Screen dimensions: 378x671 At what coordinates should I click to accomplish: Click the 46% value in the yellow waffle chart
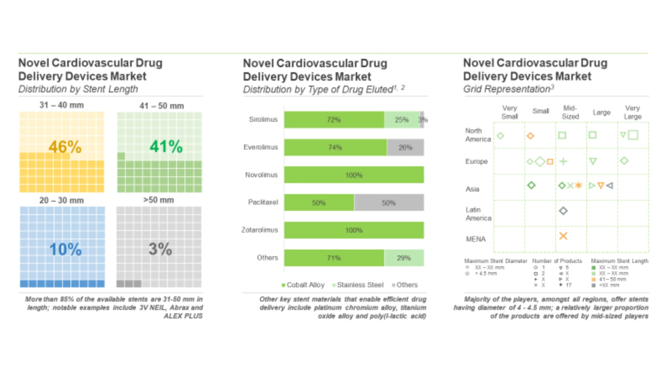point(65,147)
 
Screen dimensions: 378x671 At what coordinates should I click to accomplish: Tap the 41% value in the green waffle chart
point(166,146)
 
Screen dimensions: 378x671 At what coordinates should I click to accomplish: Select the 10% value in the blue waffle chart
point(65,249)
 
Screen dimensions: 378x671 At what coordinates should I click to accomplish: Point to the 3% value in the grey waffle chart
point(160,249)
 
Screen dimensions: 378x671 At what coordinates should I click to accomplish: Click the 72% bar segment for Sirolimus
point(334,120)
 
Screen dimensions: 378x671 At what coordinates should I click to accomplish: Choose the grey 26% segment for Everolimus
point(405,147)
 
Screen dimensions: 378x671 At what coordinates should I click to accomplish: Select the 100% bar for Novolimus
point(354,175)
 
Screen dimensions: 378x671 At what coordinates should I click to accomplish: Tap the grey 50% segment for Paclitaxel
point(389,203)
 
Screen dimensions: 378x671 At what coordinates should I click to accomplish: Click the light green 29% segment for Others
point(404,258)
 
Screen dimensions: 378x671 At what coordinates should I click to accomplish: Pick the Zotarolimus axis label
point(260,230)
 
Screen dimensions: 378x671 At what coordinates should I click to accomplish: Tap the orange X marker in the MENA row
point(563,236)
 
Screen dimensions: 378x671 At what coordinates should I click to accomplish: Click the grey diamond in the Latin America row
point(563,211)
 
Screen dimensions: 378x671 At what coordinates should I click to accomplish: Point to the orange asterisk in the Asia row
point(578,185)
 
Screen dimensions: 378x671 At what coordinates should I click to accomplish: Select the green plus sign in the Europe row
point(563,161)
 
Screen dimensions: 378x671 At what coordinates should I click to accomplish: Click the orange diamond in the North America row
point(531,136)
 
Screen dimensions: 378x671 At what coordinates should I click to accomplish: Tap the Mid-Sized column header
point(570,112)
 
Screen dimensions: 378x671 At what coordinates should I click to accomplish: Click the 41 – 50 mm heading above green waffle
point(161,106)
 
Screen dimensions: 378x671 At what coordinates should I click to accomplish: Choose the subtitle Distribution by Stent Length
point(78,89)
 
